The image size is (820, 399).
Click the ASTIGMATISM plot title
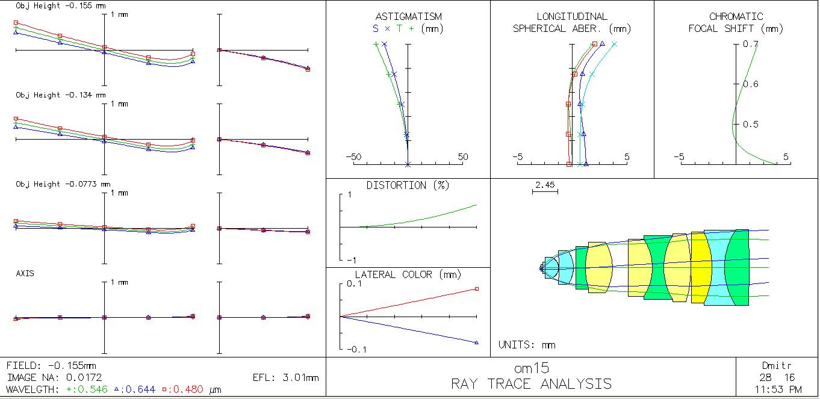pyautogui.click(x=409, y=16)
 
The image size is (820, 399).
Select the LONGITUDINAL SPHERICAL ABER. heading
pyautogui.click(x=572, y=23)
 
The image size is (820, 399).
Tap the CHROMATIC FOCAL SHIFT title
pyautogui.click(x=736, y=23)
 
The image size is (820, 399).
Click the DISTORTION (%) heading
pyautogui.click(x=408, y=185)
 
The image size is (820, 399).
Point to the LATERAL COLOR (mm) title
pyautogui.click(x=408, y=274)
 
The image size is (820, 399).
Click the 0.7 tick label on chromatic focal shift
pyautogui.click(x=750, y=45)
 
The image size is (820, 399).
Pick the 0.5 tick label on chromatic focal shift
pyautogui.click(x=750, y=125)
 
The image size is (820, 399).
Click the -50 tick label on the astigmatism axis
pyautogui.click(x=353, y=156)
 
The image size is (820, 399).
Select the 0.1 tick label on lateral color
pyautogui.click(x=354, y=283)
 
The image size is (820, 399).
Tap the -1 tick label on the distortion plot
pyautogui.click(x=352, y=260)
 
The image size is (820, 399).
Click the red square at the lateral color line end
pyautogui.click(x=477, y=289)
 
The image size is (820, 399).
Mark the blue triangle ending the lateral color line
pyautogui.click(x=477, y=342)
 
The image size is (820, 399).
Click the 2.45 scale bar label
pyautogui.click(x=545, y=185)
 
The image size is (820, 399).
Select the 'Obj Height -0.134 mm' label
pyautogui.click(x=61, y=95)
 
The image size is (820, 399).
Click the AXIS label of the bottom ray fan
pyautogui.click(x=25, y=273)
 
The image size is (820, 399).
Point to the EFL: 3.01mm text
pyautogui.click(x=285, y=377)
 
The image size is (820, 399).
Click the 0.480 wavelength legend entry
pyautogui.click(x=182, y=389)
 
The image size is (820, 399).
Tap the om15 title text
pyautogui.click(x=532, y=368)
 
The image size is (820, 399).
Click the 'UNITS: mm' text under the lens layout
pyautogui.click(x=527, y=345)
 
